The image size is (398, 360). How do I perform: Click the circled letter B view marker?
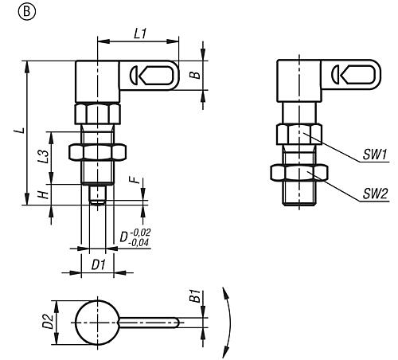click(x=26, y=12)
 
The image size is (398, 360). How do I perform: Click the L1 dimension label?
click(x=140, y=33)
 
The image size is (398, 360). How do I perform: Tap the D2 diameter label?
click(x=49, y=321)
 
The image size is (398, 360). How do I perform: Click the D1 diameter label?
click(x=99, y=265)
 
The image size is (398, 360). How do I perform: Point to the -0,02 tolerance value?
click(x=140, y=233)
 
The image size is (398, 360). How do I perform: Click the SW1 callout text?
click(x=374, y=155)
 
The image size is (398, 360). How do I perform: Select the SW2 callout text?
click(x=375, y=194)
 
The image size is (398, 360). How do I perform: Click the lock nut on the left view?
click(x=97, y=153)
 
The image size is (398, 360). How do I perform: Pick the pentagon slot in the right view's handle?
click(x=358, y=75)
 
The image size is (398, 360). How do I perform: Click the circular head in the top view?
click(x=97, y=323)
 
